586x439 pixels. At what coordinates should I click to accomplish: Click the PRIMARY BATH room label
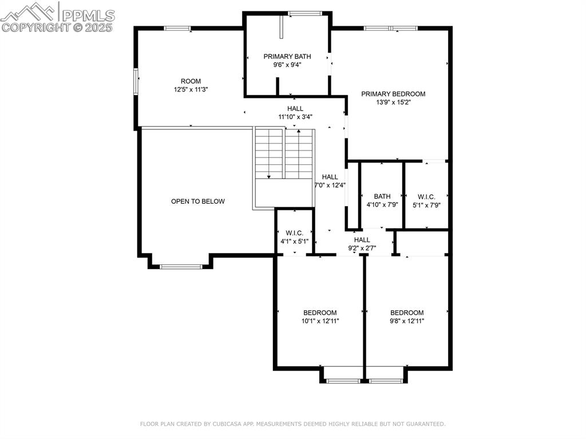point(287,56)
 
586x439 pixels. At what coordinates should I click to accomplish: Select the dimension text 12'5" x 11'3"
point(191,90)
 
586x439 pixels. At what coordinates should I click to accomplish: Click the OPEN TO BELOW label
point(198,201)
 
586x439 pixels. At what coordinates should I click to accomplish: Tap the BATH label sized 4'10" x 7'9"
point(382,196)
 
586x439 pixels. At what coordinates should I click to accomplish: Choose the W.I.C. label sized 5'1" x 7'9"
point(426,196)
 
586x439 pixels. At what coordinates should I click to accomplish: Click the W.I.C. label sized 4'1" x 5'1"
point(294,233)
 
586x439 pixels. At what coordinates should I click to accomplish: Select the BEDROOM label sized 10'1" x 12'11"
point(320,313)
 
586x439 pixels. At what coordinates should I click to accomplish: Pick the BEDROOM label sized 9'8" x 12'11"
point(407,313)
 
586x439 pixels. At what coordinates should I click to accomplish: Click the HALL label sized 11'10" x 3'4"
point(295,108)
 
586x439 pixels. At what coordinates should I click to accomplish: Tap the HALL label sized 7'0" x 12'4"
point(330,177)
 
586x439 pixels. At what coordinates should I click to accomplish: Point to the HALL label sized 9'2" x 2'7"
point(362,240)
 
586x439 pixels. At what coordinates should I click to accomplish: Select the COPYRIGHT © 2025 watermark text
point(57,27)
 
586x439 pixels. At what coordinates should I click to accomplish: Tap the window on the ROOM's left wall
point(136,81)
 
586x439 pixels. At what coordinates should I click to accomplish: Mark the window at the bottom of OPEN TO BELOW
point(181,266)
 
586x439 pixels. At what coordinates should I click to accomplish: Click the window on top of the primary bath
point(304,13)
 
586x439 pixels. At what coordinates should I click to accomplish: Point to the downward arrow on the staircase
point(268,177)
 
